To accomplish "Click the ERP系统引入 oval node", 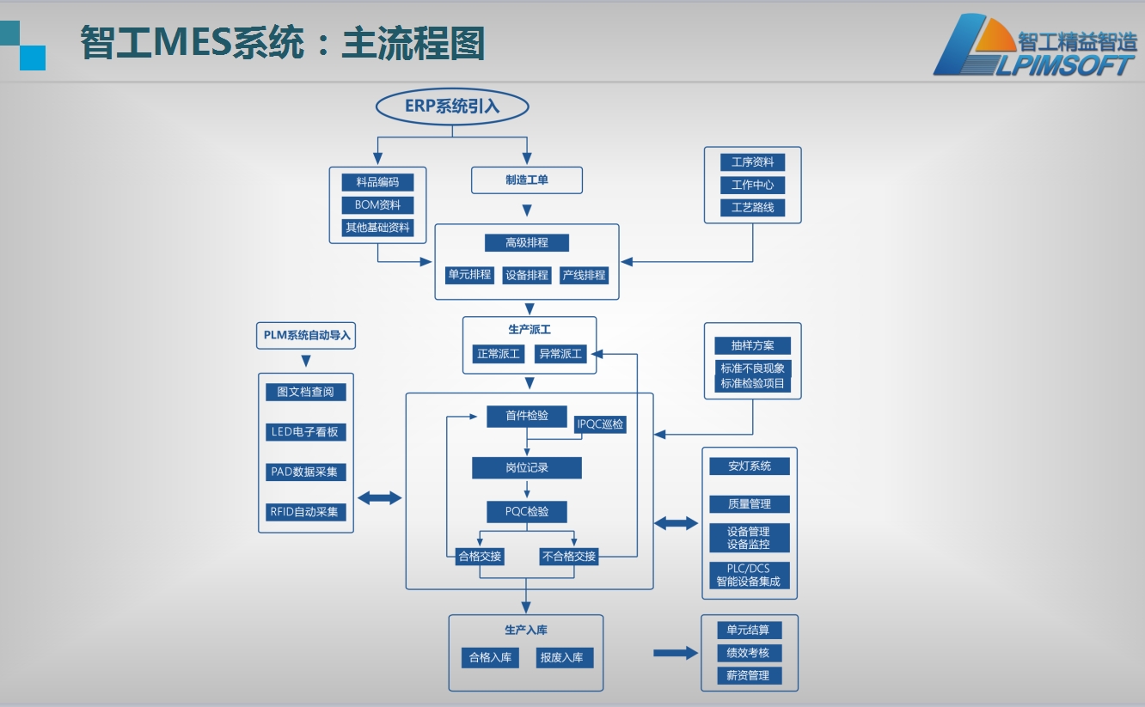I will (452, 107).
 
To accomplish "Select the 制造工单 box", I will (527, 180).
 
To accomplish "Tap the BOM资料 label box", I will (377, 205).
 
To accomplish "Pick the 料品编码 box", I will (377, 182).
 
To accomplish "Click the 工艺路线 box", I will (752, 207).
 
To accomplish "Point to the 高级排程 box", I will (527, 243).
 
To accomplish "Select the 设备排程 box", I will (526, 275).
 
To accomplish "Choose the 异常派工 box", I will (560, 353).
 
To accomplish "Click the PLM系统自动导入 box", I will (306, 335).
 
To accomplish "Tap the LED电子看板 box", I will (306, 432).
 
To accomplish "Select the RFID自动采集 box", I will (306, 512).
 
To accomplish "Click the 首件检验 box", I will (527, 416).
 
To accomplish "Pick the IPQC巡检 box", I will (601, 424).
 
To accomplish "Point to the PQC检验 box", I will (527, 512).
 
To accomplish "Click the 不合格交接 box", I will (568, 556).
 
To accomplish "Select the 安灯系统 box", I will (750, 466).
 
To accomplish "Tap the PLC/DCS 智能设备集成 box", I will (749, 576).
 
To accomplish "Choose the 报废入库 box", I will (561, 658).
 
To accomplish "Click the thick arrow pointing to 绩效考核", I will (676, 653).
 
